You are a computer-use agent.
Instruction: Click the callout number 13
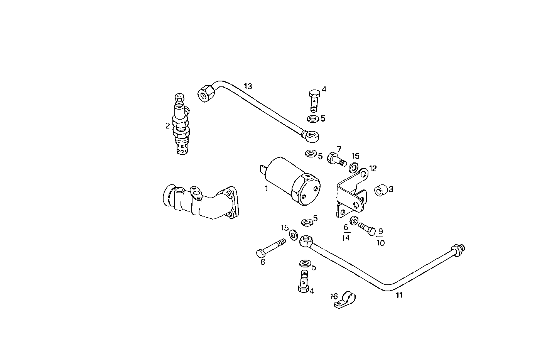pyautogui.click(x=248, y=86)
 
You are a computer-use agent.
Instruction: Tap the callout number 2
pyautogui.click(x=167, y=125)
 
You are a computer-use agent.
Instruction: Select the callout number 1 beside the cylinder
pyautogui.click(x=266, y=189)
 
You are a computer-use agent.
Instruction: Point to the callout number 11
pyautogui.click(x=399, y=295)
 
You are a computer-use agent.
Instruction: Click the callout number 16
pyautogui.click(x=334, y=296)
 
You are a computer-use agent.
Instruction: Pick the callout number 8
pyautogui.click(x=263, y=262)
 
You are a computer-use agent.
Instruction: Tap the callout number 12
pyautogui.click(x=373, y=169)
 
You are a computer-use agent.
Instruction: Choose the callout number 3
pyautogui.click(x=391, y=189)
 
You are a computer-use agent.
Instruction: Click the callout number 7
pyautogui.click(x=339, y=149)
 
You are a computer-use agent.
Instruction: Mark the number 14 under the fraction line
pyautogui.click(x=346, y=238)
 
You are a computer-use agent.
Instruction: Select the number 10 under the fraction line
pyautogui.click(x=380, y=243)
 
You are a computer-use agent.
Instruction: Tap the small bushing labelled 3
pyautogui.click(x=381, y=190)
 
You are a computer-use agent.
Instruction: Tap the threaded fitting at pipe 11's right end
pyautogui.click(x=459, y=250)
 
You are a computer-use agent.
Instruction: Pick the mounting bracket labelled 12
pyautogui.click(x=351, y=193)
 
